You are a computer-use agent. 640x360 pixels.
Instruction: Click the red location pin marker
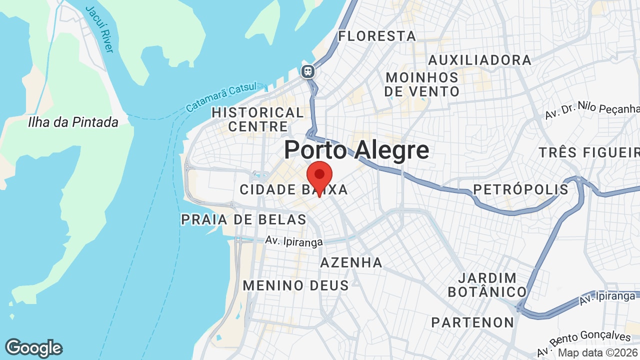coord(319,176)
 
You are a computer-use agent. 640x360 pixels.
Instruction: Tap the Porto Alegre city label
coord(356,150)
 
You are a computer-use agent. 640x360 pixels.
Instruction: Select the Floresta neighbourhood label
coord(377,36)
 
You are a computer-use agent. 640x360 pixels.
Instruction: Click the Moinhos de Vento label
coord(422,84)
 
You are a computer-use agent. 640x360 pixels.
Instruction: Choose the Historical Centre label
coord(257,119)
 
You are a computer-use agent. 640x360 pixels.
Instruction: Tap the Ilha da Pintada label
coord(73,122)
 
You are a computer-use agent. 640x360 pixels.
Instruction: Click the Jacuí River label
coord(100,29)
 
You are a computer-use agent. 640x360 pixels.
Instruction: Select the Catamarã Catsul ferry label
coord(220,97)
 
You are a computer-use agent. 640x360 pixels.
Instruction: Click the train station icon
coord(308,71)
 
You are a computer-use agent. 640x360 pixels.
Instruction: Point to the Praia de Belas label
coord(243,219)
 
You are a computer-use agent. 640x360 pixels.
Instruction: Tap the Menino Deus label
coord(295,285)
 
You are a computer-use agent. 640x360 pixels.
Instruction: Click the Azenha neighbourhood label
coord(351,262)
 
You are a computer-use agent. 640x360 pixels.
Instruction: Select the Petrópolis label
coord(520,189)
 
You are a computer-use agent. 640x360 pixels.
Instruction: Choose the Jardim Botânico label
coord(487,284)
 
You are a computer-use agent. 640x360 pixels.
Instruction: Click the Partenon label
coord(472,322)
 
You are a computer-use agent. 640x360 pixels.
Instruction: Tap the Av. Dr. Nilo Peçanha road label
coord(592,110)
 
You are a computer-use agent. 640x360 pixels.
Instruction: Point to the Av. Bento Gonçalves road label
coord(584,343)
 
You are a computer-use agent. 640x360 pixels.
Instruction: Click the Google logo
coord(33,348)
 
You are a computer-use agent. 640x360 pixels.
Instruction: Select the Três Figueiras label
coord(589,152)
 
